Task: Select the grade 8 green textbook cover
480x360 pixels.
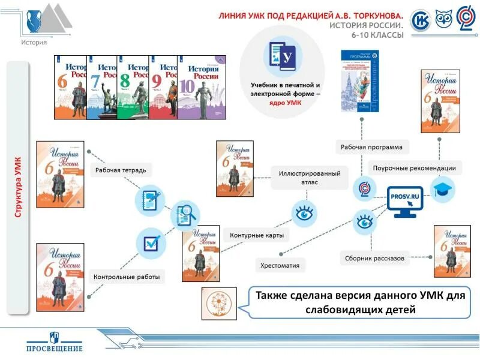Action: (x=133, y=88)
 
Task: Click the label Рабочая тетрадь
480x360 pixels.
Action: (x=120, y=170)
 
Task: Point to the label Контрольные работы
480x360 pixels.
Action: (x=127, y=277)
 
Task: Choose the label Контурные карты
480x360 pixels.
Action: (x=257, y=235)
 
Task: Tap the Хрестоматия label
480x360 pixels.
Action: (x=280, y=265)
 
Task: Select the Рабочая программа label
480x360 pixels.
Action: (x=371, y=146)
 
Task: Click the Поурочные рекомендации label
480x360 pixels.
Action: (x=414, y=169)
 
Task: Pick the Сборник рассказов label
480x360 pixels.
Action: (x=374, y=259)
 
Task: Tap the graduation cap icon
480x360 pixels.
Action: (x=444, y=188)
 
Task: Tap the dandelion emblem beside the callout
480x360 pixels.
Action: (x=218, y=302)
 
